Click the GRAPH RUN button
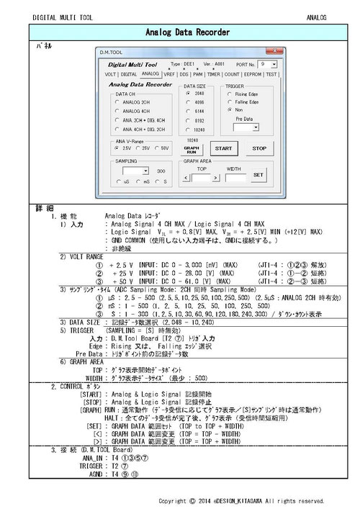tap(191, 149)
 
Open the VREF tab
tap(170, 73)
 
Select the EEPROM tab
tap(252, 73)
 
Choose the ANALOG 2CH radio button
tap(117, 102)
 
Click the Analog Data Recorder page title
tap(187, 32)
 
